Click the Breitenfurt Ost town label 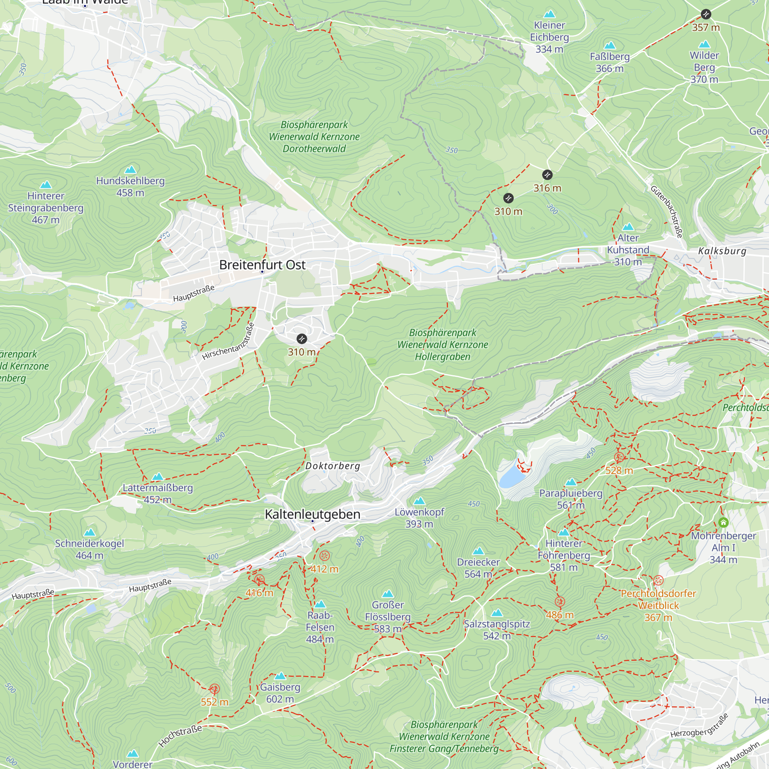[x=262, y=265]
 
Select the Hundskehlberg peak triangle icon [x=130, y=170]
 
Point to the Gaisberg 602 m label [x=280, y=692]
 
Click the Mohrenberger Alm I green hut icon [x=723, y=522]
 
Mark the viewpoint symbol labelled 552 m [x=214, y=689]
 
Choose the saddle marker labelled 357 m [x=706, y=14]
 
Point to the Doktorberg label [x=332, y=466]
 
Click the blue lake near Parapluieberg [x=511, y=476]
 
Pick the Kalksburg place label [x=722, y=251]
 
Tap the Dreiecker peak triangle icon [x=478, y=551]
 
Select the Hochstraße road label [x=180, y=736]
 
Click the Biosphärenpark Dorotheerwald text [x=314, y=136]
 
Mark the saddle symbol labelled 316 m [x=547, y=175]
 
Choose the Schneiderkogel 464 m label [x=90, y=549]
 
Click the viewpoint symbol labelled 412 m [x=325, y=556]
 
